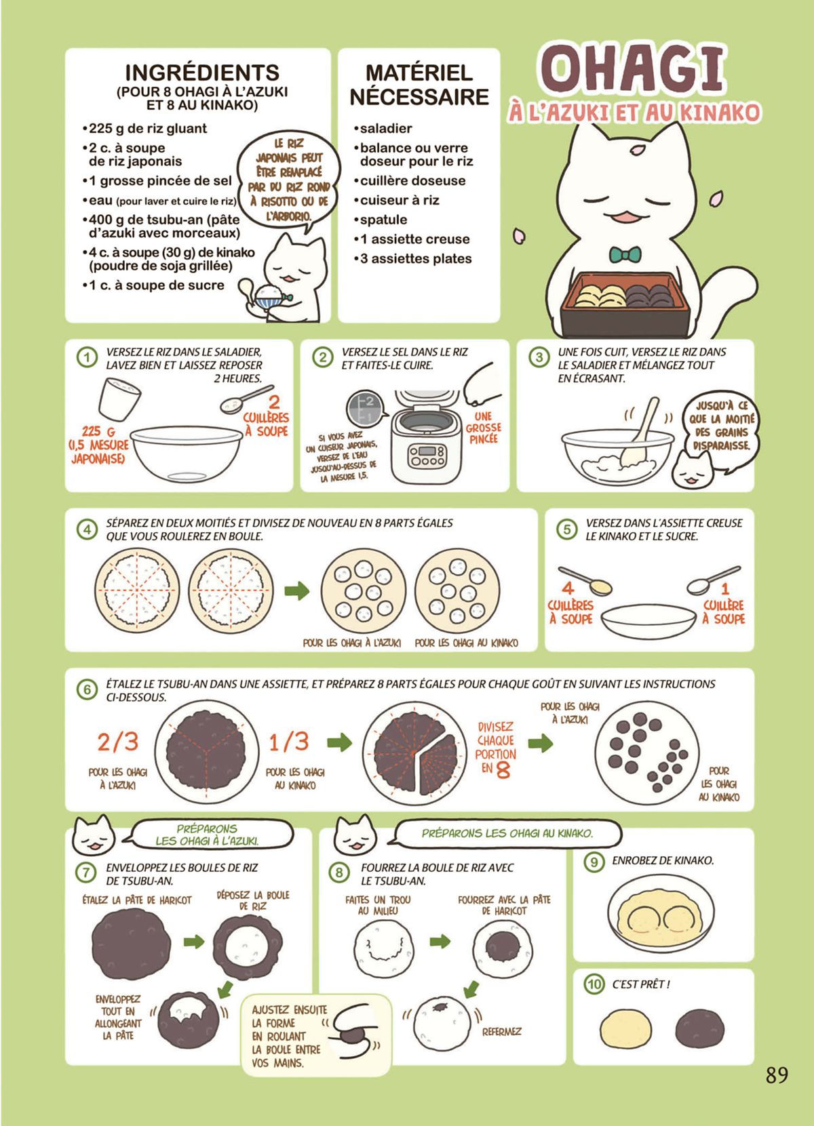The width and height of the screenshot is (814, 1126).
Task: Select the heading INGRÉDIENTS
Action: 201,73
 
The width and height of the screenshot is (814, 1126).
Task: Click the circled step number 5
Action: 567,530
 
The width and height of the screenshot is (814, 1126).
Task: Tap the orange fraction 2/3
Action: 118,742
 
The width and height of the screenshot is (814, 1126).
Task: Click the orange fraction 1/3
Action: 289,742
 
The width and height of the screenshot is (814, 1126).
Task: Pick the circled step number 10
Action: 594,984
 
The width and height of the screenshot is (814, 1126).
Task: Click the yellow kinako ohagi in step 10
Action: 626,1029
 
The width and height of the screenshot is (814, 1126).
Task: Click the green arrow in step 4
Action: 297,590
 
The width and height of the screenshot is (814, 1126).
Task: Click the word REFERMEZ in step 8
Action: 501,1032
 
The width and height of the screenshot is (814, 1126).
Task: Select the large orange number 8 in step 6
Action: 503,769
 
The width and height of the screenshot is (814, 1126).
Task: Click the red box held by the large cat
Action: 624,305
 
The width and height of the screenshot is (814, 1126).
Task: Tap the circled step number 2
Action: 322,357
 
